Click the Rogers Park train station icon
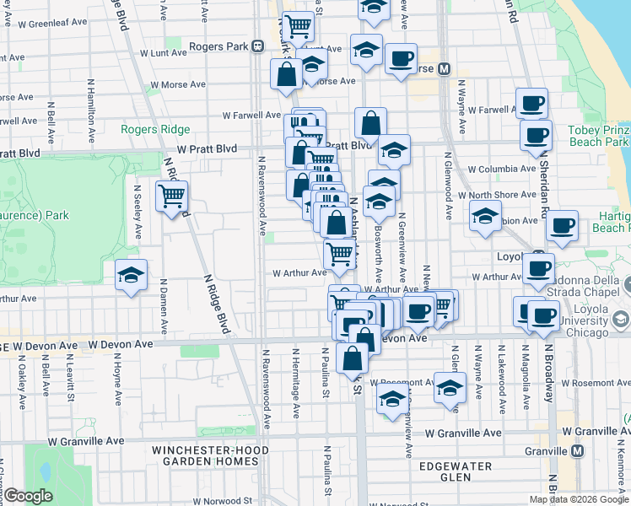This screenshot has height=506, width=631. pyautogui.click(x=256, y=46)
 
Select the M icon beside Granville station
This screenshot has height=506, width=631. pyautogui.click(x=577, y=451)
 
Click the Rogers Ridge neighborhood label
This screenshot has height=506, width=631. pyautogui.click(x=155, y=129)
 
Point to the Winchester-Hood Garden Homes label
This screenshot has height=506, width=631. pyautogui.click(x=205, y=455)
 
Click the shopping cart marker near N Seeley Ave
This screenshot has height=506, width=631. pyautogui.click(x=171, y=196)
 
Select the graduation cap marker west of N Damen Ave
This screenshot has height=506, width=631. pyautogui.click(x=130, y=275)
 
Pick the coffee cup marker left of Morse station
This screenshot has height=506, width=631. pyautogui.click(x=400, y=59)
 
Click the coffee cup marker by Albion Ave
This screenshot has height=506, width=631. pyautogui.click(x=562, y=226)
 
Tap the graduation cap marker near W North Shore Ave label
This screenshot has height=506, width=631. pyautogui.click(x=485, y=217)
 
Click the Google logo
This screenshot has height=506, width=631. pyautogui.click(x=28, y=496)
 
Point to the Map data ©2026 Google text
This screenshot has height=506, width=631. pyautogui.click(x=580, y=499)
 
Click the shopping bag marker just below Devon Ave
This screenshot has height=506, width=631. pyautogui.click(x=352, y=358)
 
